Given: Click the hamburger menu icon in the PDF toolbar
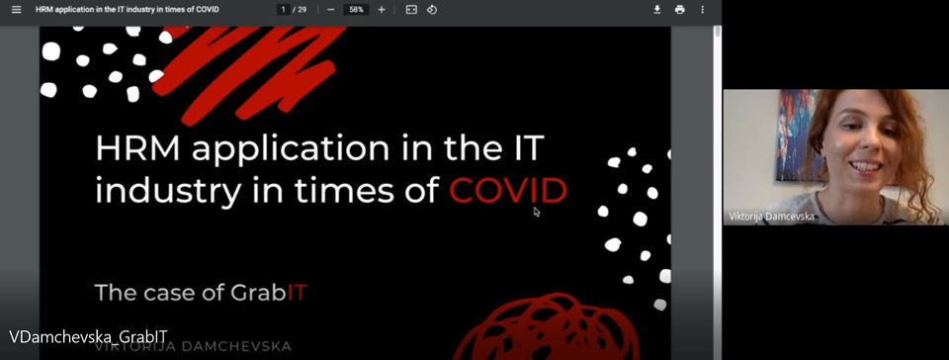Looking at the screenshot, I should (16, 10).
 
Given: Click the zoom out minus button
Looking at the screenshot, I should (330, 10).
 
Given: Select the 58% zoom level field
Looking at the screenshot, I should (356, 10).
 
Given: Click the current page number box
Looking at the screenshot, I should (284, 10).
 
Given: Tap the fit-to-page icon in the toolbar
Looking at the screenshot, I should (411, 10).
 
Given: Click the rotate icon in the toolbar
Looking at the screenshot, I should (432, 10).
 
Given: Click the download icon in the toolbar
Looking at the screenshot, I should (656, 10).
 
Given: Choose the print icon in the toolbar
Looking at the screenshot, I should (680, 10).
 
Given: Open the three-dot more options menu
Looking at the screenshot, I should (703, 10).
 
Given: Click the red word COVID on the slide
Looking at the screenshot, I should (508, 189).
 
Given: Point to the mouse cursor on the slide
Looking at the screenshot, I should (537, 211).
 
